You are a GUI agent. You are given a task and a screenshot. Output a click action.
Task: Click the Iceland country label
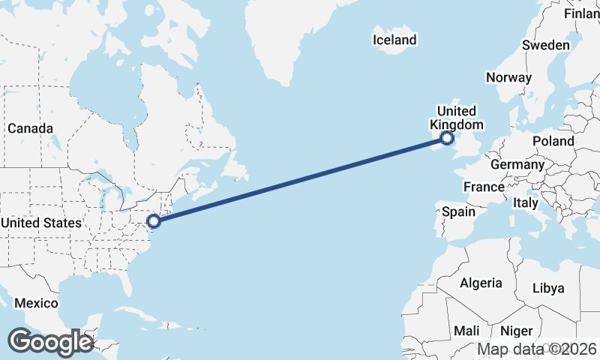394,40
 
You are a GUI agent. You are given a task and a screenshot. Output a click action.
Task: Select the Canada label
30,128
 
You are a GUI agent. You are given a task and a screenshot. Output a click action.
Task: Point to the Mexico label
38,303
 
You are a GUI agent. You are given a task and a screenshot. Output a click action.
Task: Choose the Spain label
458,211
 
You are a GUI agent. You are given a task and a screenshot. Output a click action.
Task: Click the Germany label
517,164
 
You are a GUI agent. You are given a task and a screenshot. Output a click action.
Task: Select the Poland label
553,141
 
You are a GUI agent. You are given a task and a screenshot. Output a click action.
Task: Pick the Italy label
526,202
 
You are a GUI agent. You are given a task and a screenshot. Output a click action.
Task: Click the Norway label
508,77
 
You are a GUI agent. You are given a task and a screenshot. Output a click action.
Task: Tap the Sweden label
545,45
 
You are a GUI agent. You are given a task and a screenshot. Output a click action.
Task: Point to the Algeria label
480,283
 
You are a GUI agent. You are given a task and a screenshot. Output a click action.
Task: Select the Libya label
547,288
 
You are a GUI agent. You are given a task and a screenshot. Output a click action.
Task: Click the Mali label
466,331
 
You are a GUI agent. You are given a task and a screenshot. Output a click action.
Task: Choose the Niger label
516,331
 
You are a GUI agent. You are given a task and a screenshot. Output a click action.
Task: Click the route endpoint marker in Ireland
447,138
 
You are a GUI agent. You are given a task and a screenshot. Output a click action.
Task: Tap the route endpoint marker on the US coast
154,221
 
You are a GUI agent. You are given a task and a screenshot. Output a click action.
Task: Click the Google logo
50,342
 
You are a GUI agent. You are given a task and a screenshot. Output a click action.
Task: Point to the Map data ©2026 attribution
537,349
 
